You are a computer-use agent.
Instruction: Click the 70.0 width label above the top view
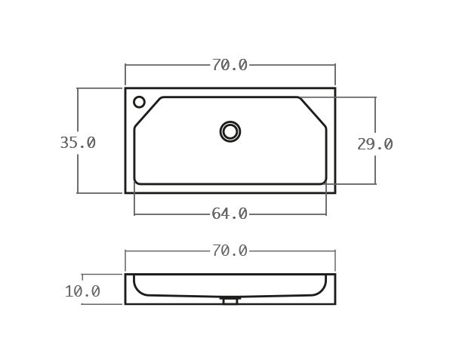pos(230,65)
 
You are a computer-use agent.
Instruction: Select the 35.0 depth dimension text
pos(78,143)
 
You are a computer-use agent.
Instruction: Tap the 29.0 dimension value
pos(374,144)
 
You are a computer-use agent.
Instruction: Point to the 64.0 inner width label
pos(230,214)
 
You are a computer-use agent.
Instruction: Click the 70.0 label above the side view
pos(230,251)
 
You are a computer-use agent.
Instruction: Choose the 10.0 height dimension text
pos(82,291)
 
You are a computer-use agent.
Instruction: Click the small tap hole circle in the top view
pos(139,102)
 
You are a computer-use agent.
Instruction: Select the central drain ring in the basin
pos(230,131)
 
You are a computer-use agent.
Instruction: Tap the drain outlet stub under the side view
pos(230,300)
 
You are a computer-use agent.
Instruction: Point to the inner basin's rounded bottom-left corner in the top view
pos(137,182)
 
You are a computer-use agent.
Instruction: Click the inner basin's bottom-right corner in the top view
pos(324,182)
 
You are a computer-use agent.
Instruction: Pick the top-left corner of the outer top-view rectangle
pos(125,88)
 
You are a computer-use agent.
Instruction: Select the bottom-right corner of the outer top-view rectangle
pos(335,192)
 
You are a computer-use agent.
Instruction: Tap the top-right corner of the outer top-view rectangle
pos(335,88)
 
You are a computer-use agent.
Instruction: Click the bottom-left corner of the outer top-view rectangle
pos(125,192)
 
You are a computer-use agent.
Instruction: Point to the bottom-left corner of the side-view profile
pos(125,303)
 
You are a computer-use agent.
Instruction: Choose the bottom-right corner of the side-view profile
pos(335,303)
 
